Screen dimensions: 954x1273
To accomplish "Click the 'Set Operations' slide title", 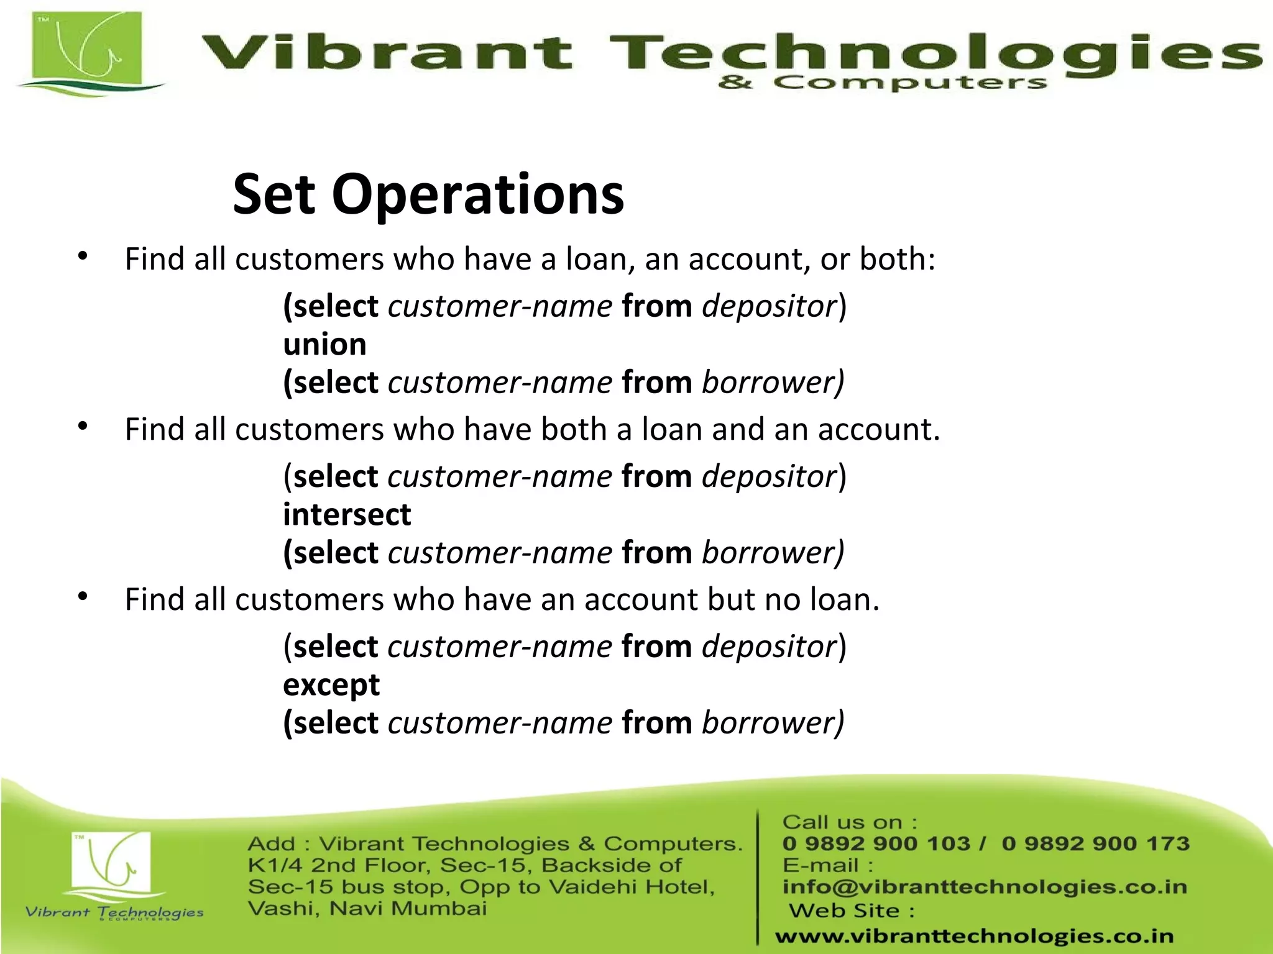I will pos(428,195).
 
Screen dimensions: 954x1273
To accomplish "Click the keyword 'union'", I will pos(324,345).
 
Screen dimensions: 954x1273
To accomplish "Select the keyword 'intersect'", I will pos(347,515).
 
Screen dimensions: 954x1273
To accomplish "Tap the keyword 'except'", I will pos(331,685).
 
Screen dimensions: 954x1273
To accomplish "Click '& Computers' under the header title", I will pos(882,83).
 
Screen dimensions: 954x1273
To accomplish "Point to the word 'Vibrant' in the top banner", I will pos(385,52).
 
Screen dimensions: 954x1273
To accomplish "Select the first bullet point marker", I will pos(83,256).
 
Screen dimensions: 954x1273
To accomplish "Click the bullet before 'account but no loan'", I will pos(83,596).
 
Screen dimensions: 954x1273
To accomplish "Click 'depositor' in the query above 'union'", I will pos(769,306).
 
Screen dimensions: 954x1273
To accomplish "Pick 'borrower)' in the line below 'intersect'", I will pos(773,553).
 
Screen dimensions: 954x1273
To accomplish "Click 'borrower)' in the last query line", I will pos(773,723).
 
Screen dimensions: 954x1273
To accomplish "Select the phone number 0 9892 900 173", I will pos(1095,843).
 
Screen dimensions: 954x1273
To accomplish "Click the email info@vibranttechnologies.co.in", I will pos(985,887).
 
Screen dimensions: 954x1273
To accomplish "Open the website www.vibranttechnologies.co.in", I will pos(974,935).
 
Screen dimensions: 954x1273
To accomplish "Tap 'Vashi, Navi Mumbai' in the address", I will pos(367,909).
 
